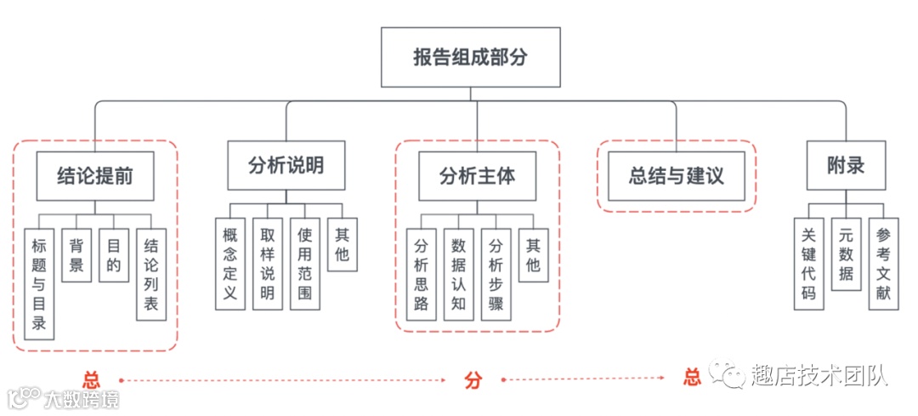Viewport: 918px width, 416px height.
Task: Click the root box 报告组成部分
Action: pos(470,58)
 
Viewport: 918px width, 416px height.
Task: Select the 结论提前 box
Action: pos(94,176)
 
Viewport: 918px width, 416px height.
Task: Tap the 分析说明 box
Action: pos(286,165)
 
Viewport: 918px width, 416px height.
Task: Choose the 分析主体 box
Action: pos(477,176)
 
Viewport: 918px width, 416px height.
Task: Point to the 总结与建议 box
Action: pos(676,176)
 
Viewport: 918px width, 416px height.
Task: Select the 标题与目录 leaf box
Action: pos(39,284)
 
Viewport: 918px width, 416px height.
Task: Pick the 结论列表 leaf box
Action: pos(151,277)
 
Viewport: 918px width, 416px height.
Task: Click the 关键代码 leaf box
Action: pos(808,264)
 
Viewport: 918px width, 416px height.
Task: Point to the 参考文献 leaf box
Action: pos(883,264)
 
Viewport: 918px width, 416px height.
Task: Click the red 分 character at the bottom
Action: pos(473,380)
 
